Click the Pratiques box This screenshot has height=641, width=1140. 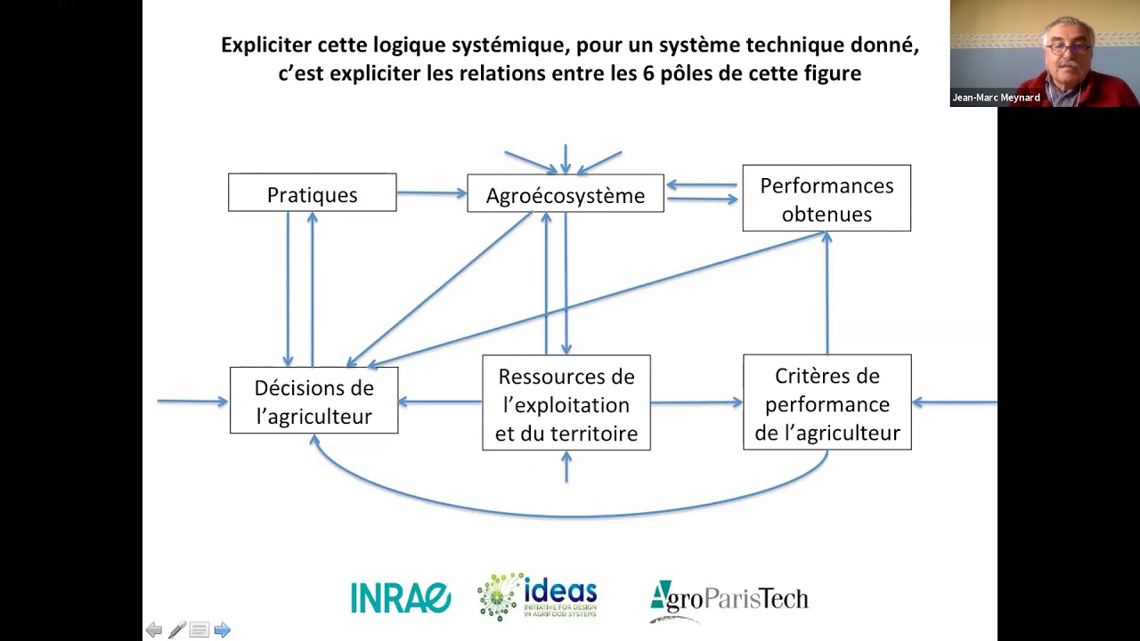point(312,193)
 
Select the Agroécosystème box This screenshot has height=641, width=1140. point(565,194)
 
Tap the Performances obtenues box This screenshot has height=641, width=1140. point(826,199)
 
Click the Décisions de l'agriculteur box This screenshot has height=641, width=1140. point(313,402)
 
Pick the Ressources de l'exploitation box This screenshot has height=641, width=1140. point(566,403)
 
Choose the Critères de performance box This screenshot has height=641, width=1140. point(826,402)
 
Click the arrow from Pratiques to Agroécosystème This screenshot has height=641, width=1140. point(431,192)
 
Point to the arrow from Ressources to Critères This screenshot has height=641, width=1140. point(696,402)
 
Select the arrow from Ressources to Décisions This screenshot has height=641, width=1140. point(440,402)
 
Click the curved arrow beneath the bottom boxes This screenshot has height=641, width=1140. point(570,514)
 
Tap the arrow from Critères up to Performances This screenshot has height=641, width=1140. point(826,294)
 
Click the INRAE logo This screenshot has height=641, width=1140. point(400,597)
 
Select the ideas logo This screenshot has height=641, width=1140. point(538,596)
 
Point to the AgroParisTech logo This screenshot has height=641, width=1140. point(729,598)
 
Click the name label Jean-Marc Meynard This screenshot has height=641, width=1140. point(996,98)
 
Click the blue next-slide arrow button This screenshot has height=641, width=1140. point(222,630)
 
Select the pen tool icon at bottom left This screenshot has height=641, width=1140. point(176,630)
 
